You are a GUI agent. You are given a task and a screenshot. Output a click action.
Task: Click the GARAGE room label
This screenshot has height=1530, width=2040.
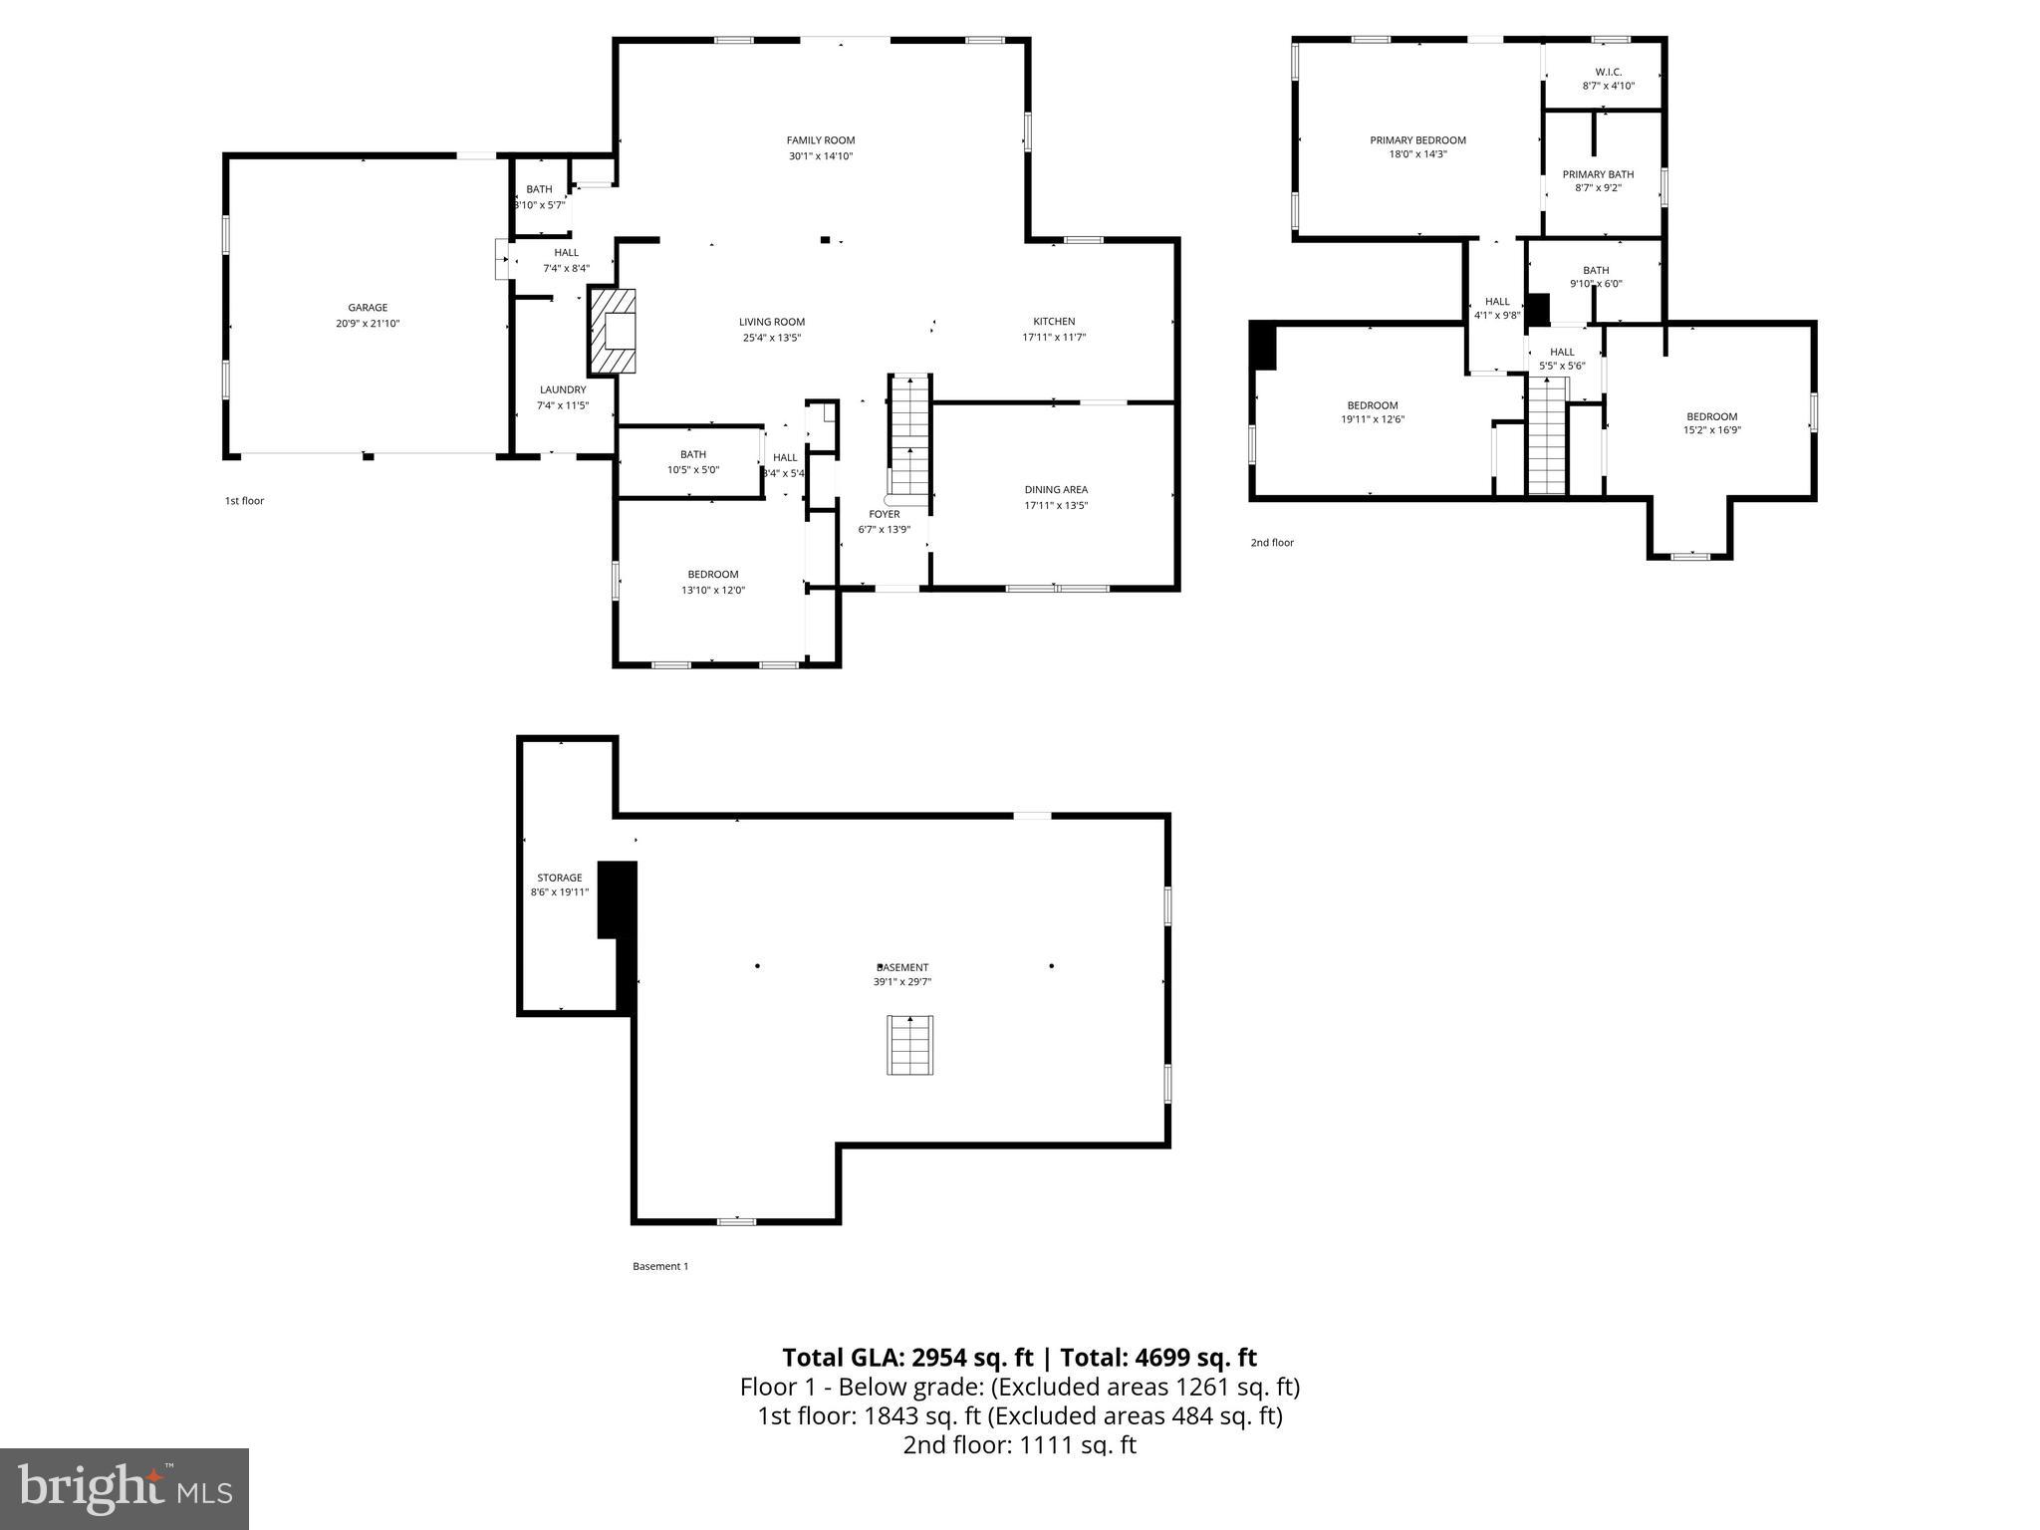(x=368, y=308)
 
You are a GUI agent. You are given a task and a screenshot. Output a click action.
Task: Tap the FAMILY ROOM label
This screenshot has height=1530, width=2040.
(x=821, y=140)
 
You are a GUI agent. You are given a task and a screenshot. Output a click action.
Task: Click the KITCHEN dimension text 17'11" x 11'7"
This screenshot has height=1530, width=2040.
(x=1054, y=338)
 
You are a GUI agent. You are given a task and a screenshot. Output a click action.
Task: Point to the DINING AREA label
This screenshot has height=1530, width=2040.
(x=1056, y=489)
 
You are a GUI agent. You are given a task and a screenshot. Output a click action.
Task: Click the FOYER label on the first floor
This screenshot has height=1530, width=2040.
(x=885, y=514)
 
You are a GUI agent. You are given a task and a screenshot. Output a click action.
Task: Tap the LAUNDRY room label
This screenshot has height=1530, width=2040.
(x=563, y=389)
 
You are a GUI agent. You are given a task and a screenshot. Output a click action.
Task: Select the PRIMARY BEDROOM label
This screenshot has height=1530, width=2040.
(x=1417, y=140)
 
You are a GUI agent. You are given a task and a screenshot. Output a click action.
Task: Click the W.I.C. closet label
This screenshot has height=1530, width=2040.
(x=1608, y=72)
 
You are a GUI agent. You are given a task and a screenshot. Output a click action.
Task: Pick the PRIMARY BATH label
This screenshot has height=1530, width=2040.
(x=1598, y=174)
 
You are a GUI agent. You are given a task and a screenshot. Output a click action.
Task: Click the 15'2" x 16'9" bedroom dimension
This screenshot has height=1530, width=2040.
(x=1711, y=431)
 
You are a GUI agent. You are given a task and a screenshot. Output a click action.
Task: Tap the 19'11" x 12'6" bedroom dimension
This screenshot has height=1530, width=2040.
(x=1373, y=419)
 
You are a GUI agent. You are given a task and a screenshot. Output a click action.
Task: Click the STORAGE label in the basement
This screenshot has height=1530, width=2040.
(x=559, y=878)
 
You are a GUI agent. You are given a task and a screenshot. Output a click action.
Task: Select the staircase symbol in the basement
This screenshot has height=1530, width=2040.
(x=909, y=1045)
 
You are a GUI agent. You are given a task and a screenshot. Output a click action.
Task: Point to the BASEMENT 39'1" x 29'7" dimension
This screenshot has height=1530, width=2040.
(x=902, y=982)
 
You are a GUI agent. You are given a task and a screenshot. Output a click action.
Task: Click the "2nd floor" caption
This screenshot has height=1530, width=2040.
(x=1272, y=543)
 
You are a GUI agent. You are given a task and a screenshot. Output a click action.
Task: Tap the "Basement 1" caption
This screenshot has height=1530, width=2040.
(x=660, y=1266)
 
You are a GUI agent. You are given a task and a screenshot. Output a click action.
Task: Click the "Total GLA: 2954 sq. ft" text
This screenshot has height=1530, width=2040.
(x=908, y=1358)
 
